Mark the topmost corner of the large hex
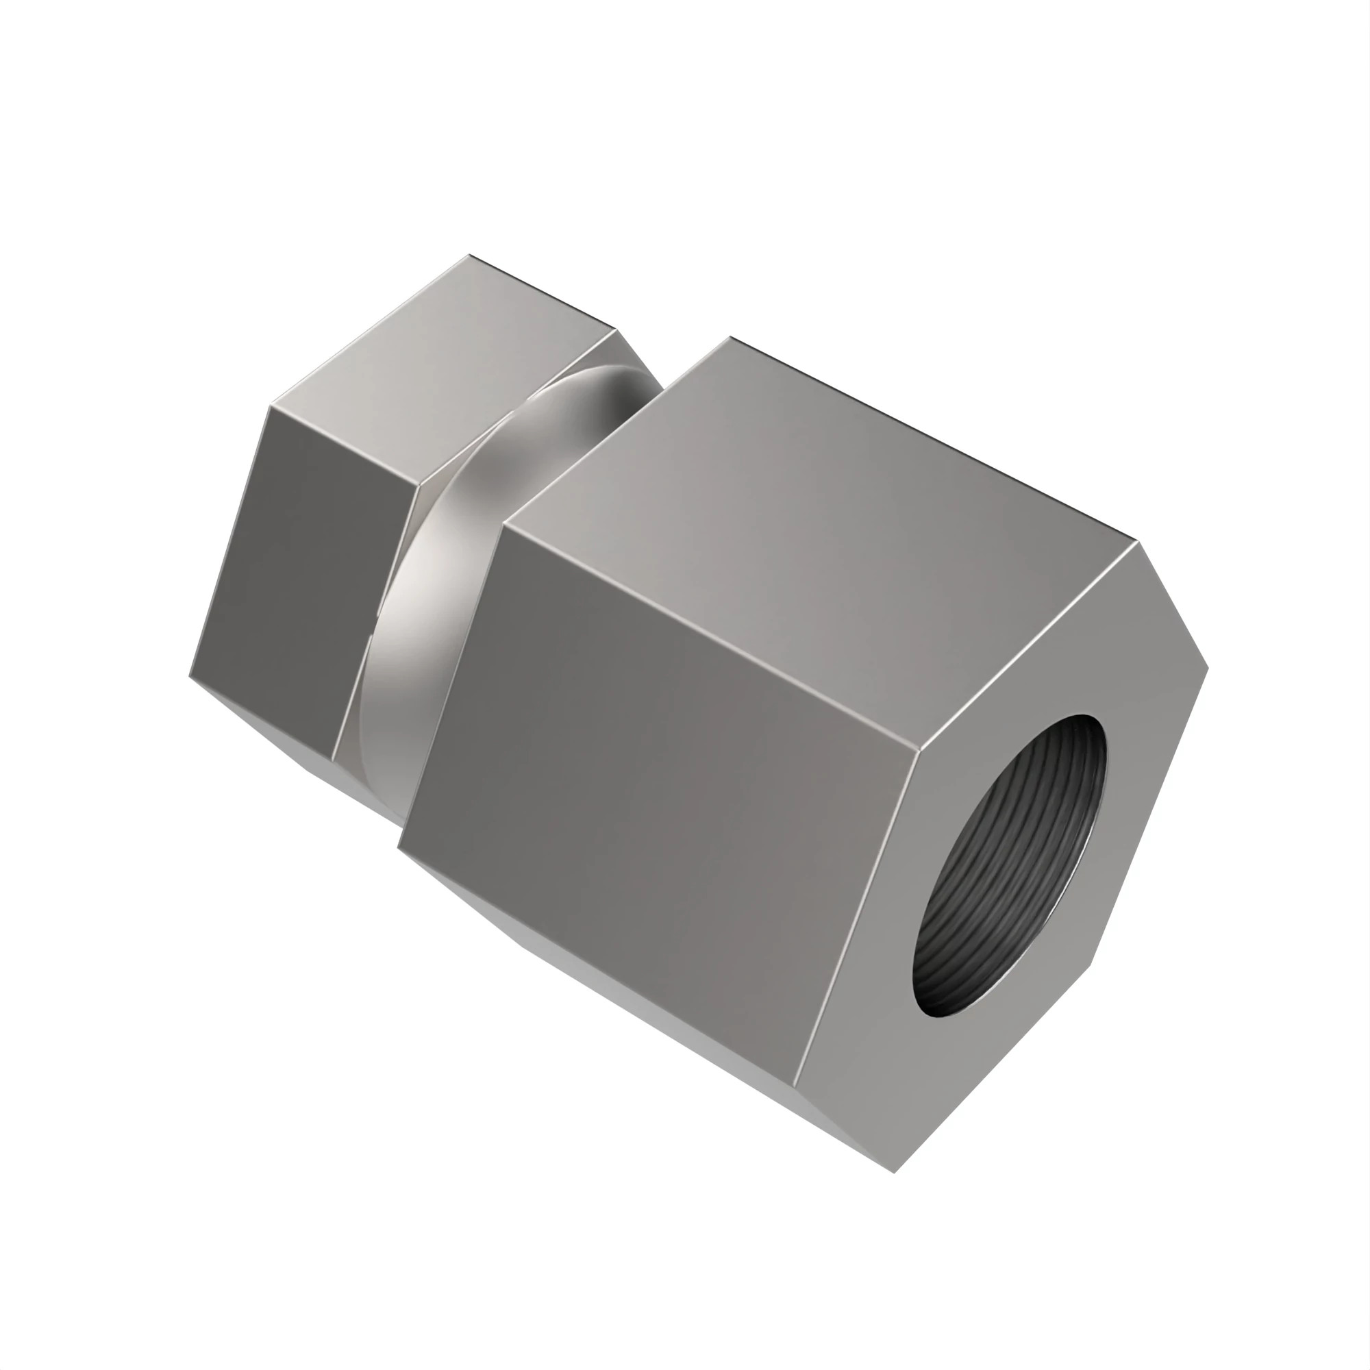[x=730, y=338]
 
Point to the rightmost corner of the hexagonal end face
[x=1208, y=667]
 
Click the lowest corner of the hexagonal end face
[x=895, y=1172]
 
